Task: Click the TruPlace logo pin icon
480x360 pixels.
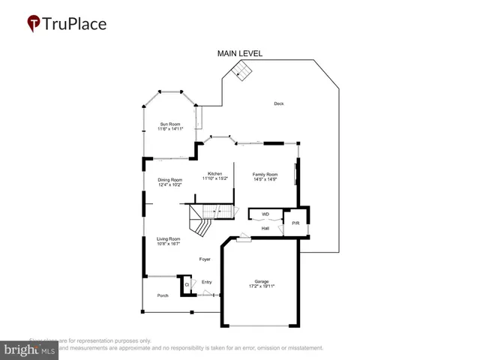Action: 34,24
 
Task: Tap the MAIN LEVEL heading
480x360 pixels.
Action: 240,54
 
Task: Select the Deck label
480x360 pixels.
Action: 279,103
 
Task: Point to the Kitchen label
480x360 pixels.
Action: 214,174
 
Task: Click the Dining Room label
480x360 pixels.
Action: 169,180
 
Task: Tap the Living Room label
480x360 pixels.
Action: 169,238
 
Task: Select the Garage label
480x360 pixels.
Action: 262,282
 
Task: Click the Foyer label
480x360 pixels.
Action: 204,259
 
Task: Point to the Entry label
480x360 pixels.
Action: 207,283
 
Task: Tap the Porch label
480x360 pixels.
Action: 163,295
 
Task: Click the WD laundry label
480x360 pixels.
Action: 265,214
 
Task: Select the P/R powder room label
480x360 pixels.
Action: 296,223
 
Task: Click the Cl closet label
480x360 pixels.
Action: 187,284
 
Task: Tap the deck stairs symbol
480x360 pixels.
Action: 240,70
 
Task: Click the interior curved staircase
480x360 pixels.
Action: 202,220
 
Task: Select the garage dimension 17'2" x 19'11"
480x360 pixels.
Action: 262,287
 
